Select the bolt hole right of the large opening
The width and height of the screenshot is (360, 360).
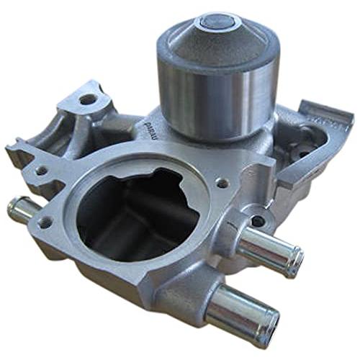click(222, 183)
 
